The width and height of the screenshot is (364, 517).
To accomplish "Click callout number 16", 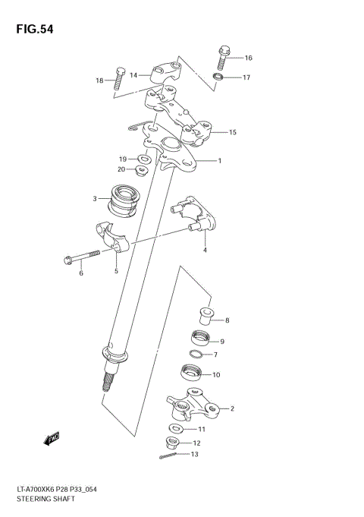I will [248, 58].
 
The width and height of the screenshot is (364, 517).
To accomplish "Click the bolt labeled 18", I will [118, 78].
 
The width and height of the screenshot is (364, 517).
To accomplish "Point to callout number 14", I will [133, 75].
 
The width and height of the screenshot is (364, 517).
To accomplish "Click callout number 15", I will [233, 133].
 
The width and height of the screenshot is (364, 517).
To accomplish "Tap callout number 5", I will [116, 270].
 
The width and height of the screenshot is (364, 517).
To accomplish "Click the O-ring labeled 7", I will [196, 355].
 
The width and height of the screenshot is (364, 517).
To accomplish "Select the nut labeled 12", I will [172, 443].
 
